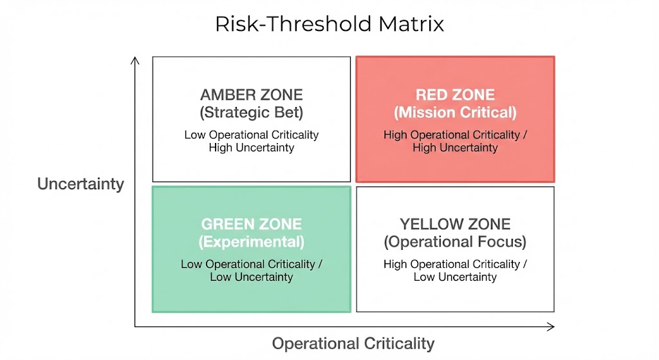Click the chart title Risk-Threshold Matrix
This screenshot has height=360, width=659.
329,24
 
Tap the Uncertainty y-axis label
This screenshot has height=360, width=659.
80,184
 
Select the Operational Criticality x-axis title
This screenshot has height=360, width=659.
353,343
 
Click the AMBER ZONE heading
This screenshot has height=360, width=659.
251,95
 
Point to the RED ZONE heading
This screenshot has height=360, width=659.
454,95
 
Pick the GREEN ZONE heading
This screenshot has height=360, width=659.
251,224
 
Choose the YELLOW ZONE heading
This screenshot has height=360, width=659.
454,224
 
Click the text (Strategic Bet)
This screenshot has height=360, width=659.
251,113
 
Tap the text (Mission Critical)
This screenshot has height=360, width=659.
454,113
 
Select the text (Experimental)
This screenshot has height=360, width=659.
251,242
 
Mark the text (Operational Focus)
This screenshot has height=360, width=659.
454,242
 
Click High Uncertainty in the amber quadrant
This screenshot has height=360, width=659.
251,147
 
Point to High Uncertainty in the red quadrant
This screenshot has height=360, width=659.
454,147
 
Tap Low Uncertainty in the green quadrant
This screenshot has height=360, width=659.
251,277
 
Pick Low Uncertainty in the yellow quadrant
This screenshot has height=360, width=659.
454,277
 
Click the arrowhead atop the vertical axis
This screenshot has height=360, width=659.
135,59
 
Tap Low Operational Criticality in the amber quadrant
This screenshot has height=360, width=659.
251,135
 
